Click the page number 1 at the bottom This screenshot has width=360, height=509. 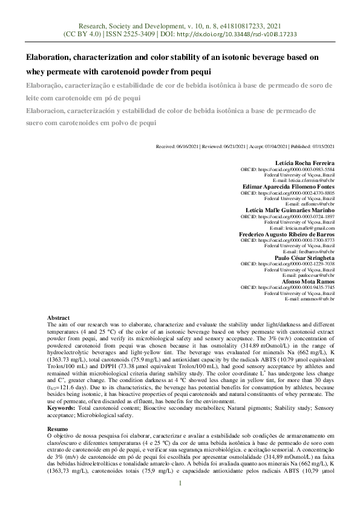click(180, 483)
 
